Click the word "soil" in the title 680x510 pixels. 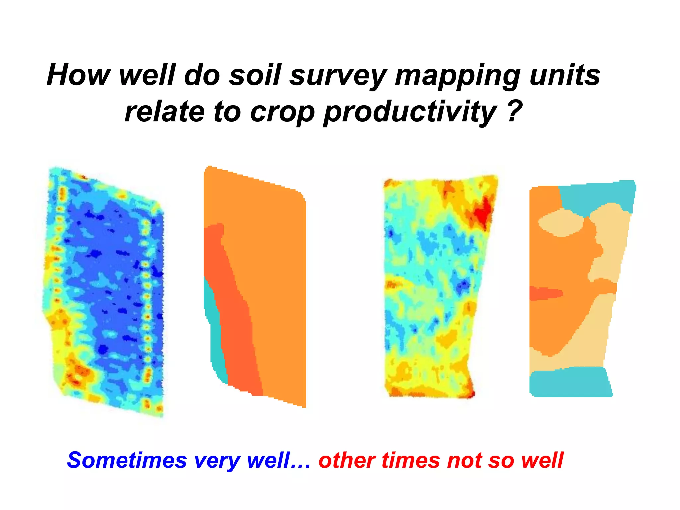click(x=255, y=75)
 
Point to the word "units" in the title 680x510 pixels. click(x=565, y=75)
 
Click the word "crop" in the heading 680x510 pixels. click(x=282, y=112)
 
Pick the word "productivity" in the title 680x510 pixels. click(x=410, y=112)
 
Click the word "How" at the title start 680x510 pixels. click(x=78, y=75)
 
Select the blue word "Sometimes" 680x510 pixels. click(x=127, y=460)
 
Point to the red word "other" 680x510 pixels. click(x=347, y=460)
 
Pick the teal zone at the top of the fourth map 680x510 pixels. click(x=594, y=196)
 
